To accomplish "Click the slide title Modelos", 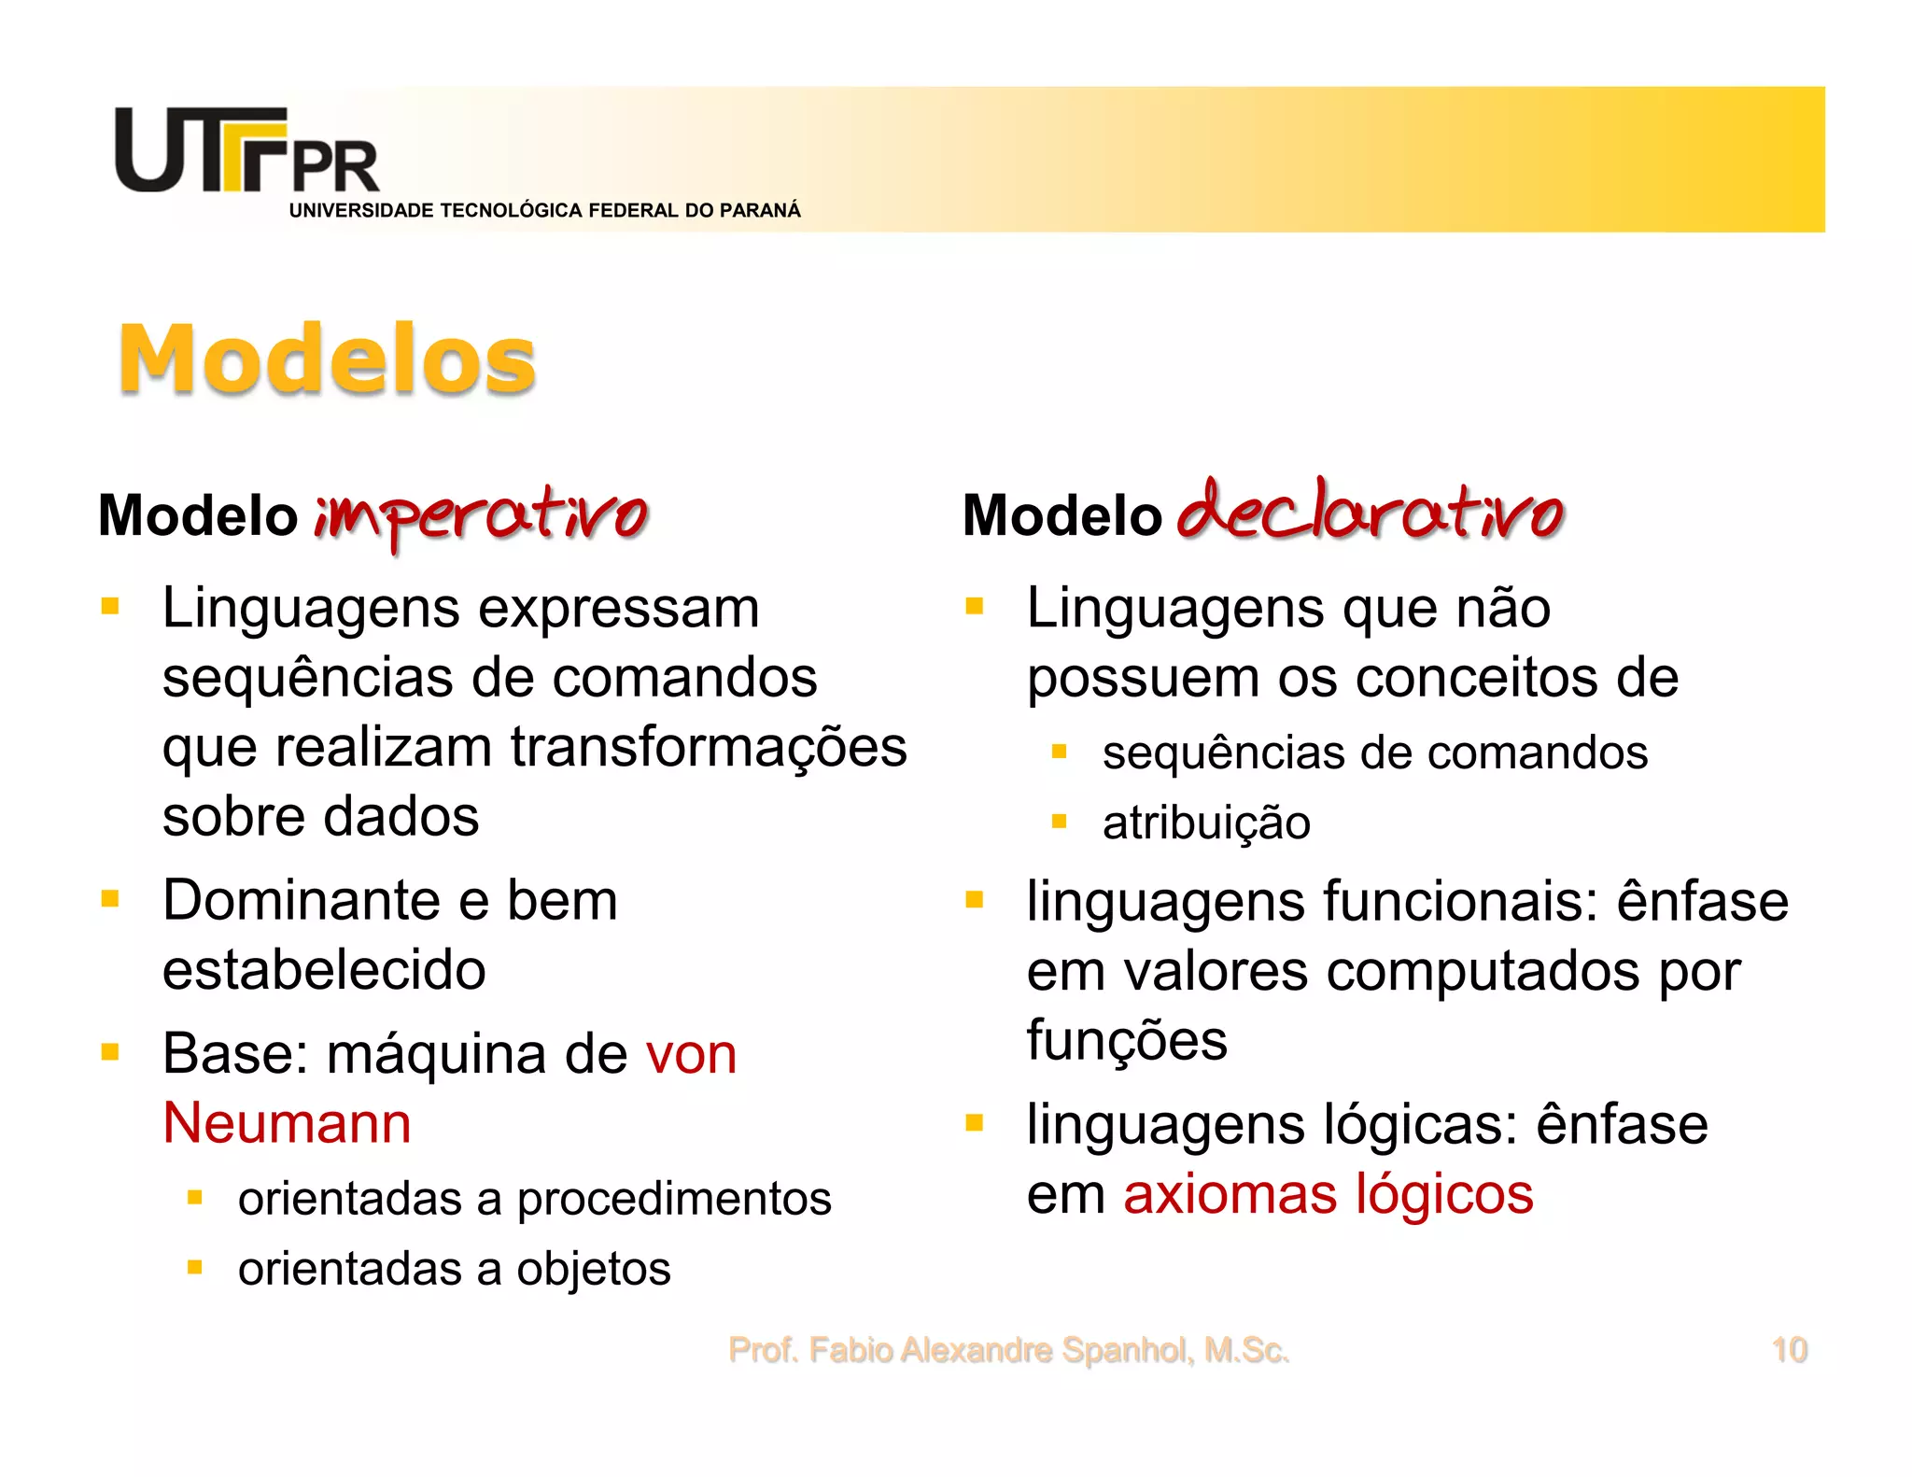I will pos(327,359).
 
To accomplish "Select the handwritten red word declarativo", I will pos(1369,512).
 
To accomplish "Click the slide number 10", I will pos(1789,1350).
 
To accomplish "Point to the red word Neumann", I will pos(287,1122).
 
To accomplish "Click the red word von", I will pos(691,1054).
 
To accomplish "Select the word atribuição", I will pos(1206,823).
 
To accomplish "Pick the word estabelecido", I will pos(324,970).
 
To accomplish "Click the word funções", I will pos(1127,1041).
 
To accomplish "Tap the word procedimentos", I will pos(674,1199).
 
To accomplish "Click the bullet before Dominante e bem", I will pos(110,899).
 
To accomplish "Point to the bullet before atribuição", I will pos(1059,822).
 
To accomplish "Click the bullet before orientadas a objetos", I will pos(194,1268).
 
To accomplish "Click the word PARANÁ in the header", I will pos(760,211).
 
